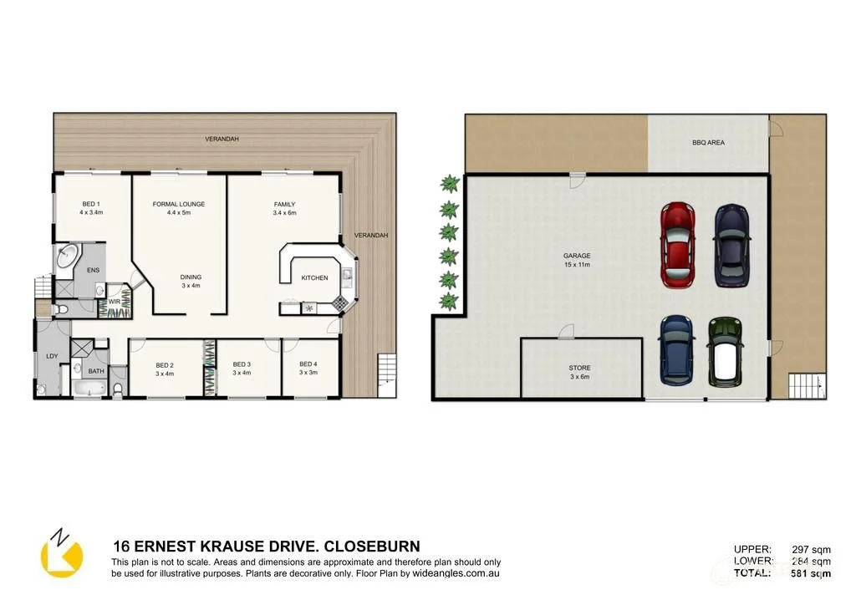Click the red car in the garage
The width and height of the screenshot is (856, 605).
(x=678, y=245)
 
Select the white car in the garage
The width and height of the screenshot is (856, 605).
(x=725, y=351)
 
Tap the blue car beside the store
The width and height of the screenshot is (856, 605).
(x=676, y=349)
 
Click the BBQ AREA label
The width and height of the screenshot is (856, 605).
(x=708, y=143)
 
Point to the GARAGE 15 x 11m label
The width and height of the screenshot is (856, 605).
(x=577, y=260)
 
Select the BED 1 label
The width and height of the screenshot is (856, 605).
(x=91, y=208)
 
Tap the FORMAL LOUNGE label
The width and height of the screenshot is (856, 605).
(x=179, y=208)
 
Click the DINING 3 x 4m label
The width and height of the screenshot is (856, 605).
(x=191, y=282)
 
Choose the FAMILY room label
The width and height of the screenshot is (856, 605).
(x=284, y=208)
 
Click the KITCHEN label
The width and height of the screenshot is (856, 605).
(x=314, y=278)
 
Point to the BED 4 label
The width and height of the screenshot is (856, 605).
(x=308, y=368)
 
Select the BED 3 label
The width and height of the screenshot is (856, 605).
(x=242, y=369)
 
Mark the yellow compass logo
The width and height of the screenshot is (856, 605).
(x=61, y=554)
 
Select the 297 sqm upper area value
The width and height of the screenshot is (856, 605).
(x=810, y=549)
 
